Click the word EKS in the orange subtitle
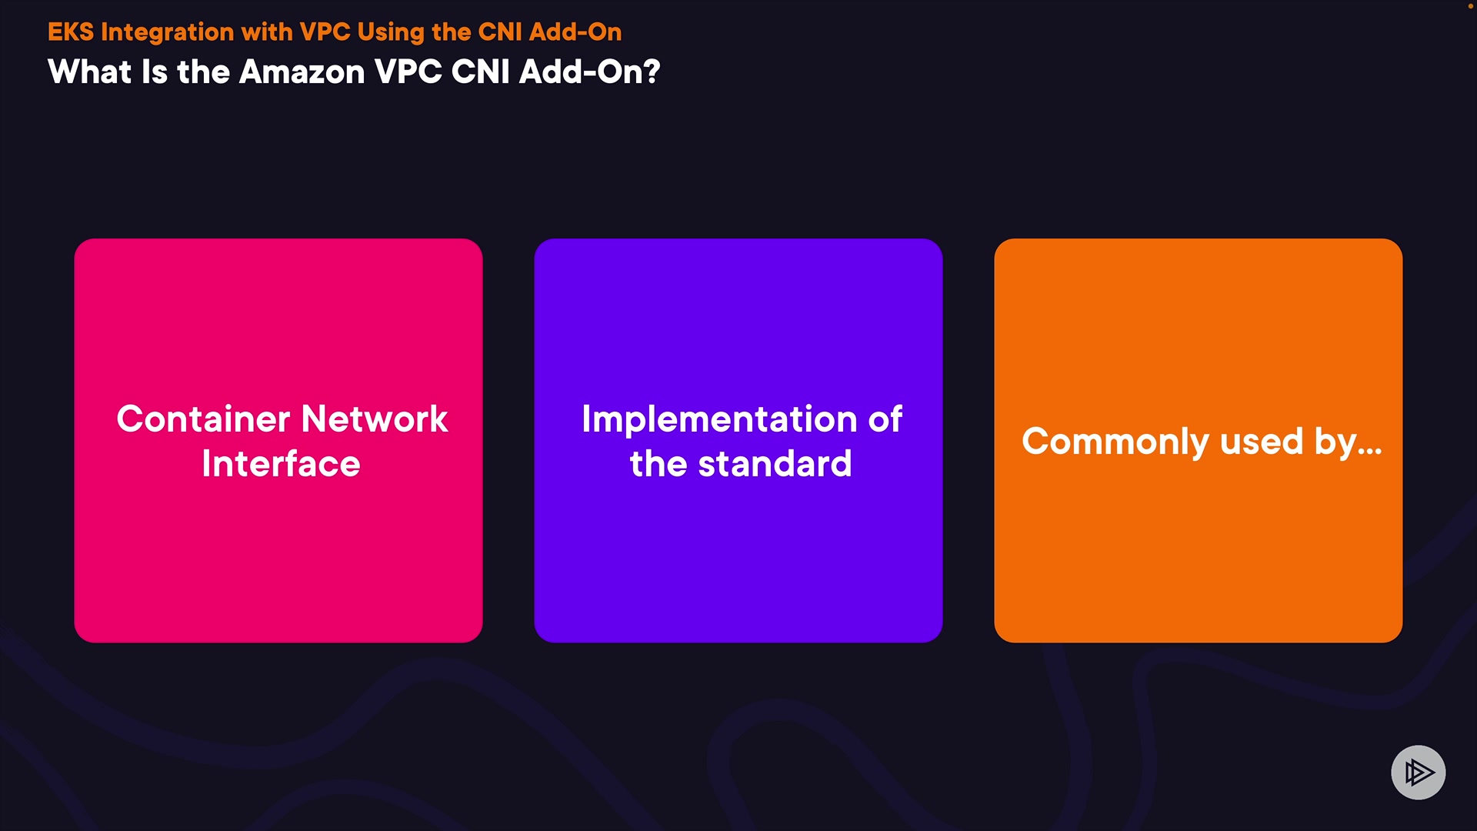(71, 32)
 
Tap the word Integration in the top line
(167, 32)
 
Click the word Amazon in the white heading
(302, 72)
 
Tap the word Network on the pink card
(375, 419)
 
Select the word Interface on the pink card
(281, 464)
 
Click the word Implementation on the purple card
(719, 420)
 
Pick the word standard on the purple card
(775, 464)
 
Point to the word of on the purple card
(885, 419)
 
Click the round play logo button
(1418, 773)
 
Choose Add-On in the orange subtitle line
(575, 32)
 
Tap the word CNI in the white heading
(481, 72)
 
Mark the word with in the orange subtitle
(267, 32)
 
